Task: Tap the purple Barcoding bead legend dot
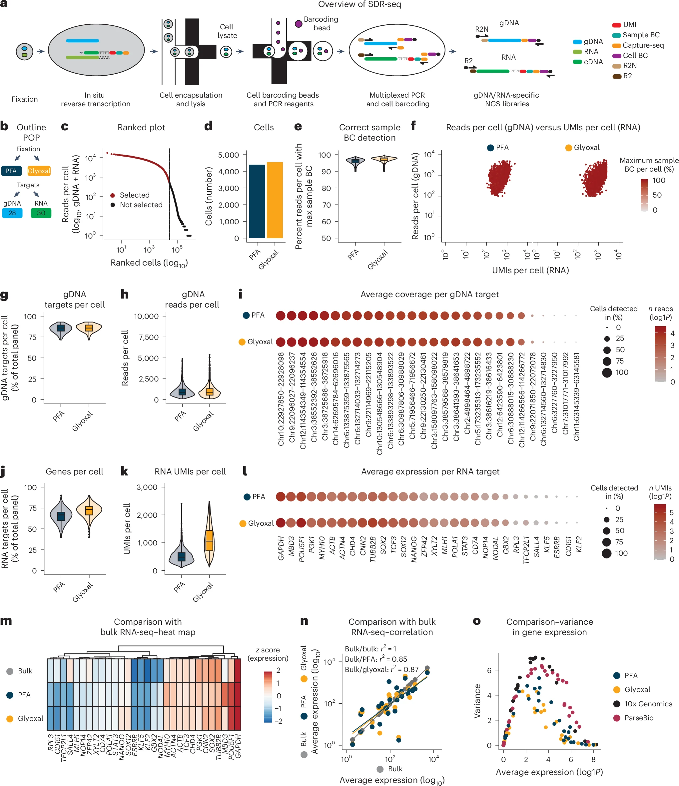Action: click(299, 24)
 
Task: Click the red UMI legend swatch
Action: click(616, 25)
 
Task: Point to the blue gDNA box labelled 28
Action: click(12, 213)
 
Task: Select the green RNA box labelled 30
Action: click(41, 213)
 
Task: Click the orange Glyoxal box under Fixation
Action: click(39, 171)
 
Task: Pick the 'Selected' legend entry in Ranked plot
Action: click(134, 195)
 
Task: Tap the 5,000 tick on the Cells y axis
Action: click(228, 155)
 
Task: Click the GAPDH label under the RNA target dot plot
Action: click(281, 548)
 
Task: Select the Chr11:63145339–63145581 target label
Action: click(577, 397)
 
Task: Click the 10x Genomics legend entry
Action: click(648, 704)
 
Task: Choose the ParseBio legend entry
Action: click(639, 718)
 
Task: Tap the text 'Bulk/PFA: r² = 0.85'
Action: click(375, 659)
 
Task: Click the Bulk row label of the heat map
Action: click(25, 671)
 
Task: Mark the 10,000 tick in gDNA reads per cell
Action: click(146, 317)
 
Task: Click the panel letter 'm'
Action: click(6, 621)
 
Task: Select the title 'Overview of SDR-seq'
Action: click(359, 5)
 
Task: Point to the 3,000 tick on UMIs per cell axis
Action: click(147, 487)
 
